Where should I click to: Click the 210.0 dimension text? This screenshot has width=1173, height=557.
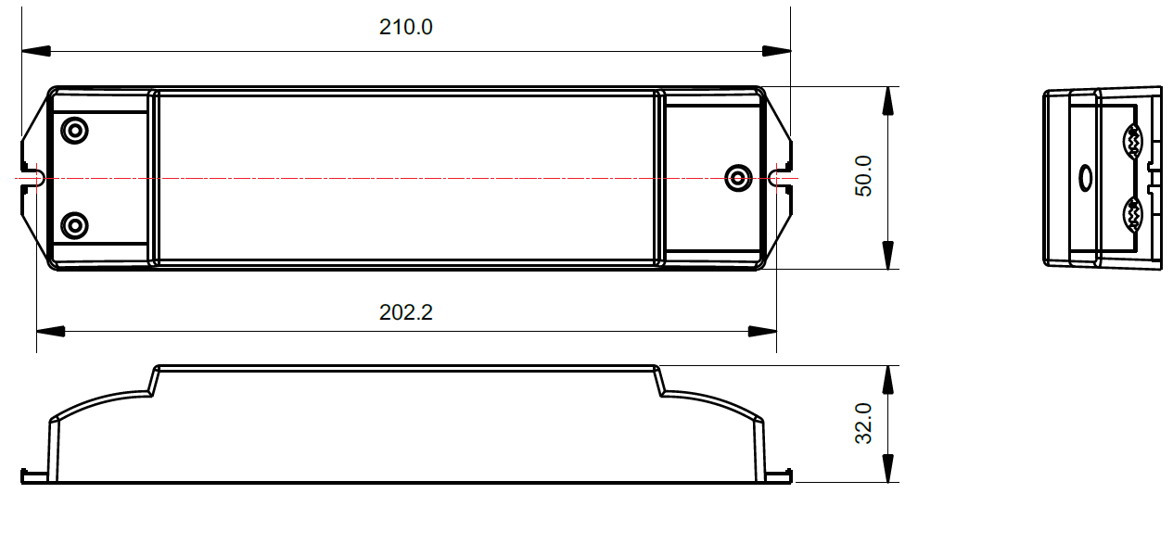click(406, 27)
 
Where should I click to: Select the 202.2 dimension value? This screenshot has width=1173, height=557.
click(406, 312)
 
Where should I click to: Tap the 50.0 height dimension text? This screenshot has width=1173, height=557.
click(863, 176)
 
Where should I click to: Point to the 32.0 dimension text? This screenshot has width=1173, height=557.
click(863, 424)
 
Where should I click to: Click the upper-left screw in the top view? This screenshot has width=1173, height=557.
click(74, 131)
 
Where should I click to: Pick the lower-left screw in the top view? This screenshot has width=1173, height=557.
click(74, 225)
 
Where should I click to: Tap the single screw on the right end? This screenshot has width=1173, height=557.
click(738, 179)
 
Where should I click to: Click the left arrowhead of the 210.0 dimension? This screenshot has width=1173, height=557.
click(36, 51)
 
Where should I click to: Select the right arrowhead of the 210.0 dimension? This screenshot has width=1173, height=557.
click(776, 51)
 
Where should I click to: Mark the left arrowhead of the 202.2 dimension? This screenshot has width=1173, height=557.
click(51, 332)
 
